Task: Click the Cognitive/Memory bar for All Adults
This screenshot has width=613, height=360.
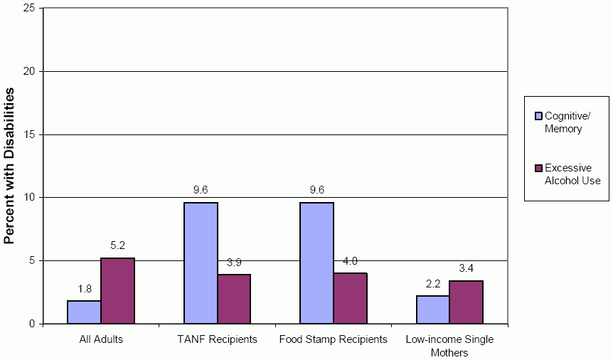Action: pos(84,312)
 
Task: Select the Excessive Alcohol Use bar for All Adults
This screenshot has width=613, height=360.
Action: pos(117,290)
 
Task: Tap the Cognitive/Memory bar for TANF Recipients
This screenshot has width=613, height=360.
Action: pos(201,263)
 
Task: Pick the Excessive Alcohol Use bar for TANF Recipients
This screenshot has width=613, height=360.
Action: pos(234,299)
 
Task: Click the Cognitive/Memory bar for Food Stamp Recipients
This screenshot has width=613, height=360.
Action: pos(316,263)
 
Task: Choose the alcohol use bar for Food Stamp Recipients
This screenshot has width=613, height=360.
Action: pos(350,298)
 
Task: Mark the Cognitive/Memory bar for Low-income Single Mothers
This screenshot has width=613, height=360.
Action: pos(432,309)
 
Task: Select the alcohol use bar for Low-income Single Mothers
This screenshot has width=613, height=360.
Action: pos(466,302)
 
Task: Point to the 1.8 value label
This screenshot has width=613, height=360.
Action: pos(85,290)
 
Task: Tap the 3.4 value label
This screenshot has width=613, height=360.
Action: pos(467,269)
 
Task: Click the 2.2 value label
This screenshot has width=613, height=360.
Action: pos(433,284)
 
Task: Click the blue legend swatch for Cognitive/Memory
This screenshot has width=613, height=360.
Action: pos(538,116)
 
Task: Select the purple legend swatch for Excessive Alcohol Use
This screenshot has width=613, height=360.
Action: pos(538,168)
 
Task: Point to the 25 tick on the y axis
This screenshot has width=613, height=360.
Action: pos(30,9)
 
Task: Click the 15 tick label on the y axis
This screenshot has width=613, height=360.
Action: pos(30,134)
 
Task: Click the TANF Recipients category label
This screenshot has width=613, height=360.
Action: pos(217,339)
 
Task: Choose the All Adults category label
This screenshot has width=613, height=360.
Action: pos(101,339)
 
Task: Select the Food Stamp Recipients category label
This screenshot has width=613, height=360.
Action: pos(333,339)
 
